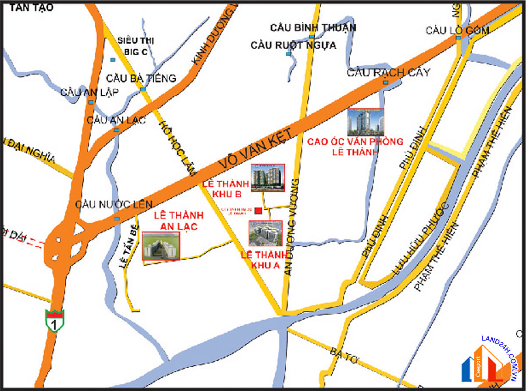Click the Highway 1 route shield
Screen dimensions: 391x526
point(54,320)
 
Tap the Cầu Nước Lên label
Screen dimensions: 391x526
point(114,204)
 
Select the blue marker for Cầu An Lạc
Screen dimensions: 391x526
point(116,130)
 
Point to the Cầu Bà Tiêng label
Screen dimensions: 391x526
point(141,79)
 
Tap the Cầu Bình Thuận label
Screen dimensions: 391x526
point(313,28)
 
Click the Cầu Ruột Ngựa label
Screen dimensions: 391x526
point(293,45)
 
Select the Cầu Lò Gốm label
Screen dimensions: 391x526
point(458,30)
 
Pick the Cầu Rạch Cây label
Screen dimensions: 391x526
point(388,72)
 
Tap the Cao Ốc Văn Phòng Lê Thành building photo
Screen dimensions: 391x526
point(366,122)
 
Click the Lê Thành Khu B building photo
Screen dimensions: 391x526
point(268,178)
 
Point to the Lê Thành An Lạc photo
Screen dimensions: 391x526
point(161,246)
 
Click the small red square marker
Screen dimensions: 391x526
point(259,211)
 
